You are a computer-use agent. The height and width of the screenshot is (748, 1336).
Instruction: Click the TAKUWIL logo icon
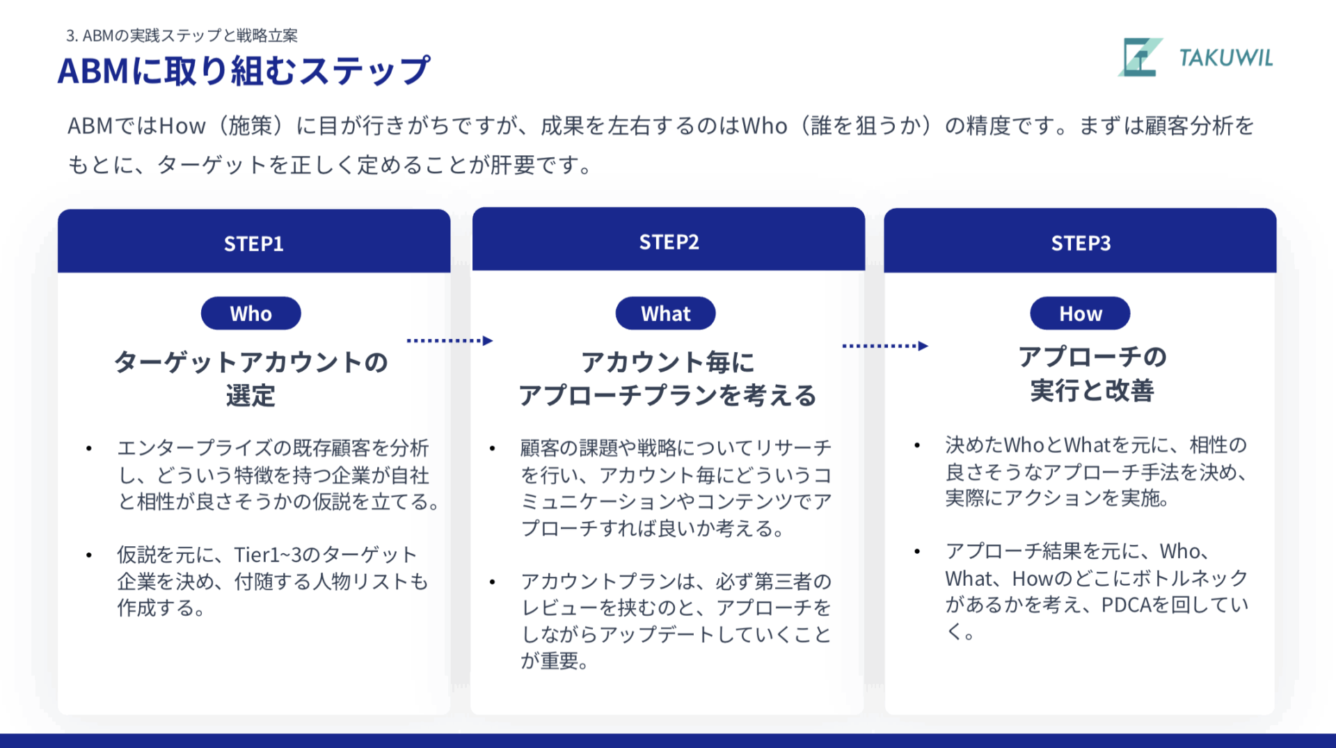pos(1140,57)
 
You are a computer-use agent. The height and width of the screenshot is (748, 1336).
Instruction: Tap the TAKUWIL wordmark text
pos(1226,58)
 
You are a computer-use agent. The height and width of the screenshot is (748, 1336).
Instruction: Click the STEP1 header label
pos(253,244)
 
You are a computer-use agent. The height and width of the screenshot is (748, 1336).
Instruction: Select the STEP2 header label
pos(669,242)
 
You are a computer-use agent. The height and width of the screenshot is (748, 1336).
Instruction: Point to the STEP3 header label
pos(1081,244)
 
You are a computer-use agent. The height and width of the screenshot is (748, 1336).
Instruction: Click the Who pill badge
pos(251,313)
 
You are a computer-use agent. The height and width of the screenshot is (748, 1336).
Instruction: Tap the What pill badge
pos(666,313)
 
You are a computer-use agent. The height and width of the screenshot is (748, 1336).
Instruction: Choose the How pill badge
pos(1080,313)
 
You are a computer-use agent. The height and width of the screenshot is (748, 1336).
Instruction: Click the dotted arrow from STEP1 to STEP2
pos(450,340)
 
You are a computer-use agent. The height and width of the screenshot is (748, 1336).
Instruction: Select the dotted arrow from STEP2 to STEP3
pos(885,346)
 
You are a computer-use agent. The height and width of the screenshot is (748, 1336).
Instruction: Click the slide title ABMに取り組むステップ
pos(244,71)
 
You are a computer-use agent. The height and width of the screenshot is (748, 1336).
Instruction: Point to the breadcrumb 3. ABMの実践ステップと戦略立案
pos(182,35)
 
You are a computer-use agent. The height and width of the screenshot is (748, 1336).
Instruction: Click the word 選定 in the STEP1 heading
pos(250,396)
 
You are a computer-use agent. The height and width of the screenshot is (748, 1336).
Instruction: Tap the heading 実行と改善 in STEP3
pos(1092,390)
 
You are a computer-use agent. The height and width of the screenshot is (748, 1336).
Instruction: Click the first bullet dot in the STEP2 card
pos(492,448)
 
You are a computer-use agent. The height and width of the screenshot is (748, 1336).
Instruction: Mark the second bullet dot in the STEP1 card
pos(89,555)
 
